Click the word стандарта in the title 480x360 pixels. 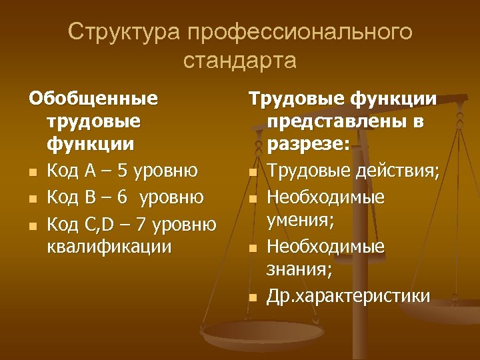239,61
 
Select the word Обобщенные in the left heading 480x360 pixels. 93,99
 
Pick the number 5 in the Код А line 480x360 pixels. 121,171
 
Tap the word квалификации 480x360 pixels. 110,246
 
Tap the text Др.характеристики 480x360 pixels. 349,295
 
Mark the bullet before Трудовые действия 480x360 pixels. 253,173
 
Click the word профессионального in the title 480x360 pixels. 300,32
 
